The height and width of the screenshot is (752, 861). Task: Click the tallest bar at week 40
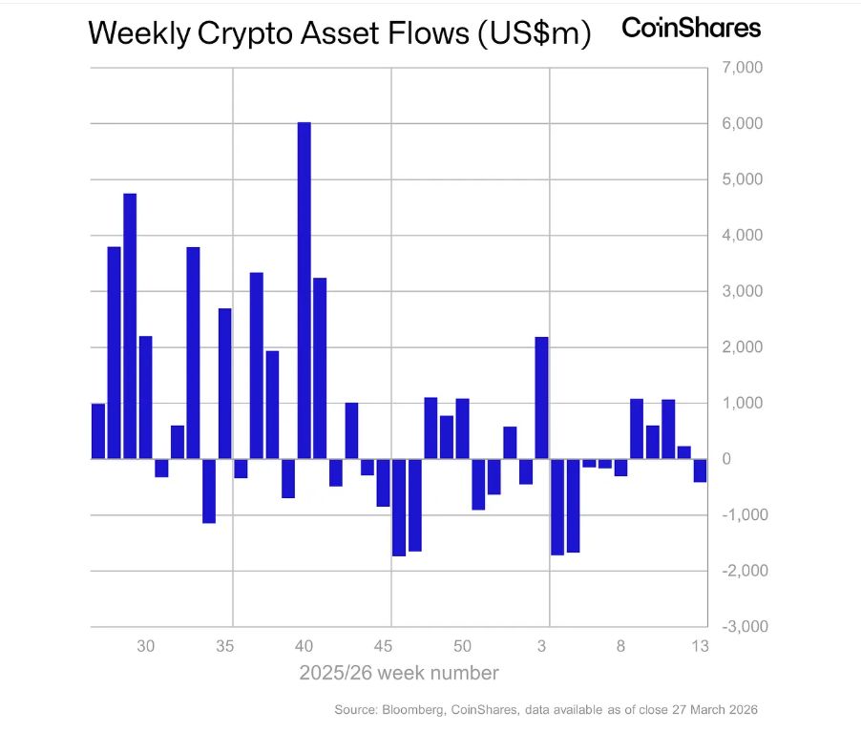pyautogui.click(x=304, y=290)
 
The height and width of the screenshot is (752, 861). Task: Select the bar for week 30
pyautogui.click(x=145, y=397)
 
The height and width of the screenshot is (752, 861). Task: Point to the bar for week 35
pyautogui.click(x=224, y=384)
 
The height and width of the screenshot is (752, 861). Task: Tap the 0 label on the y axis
pyautogui.click(x=726, y=459)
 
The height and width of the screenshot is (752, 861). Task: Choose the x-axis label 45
pyautogui.click(x=384, y=646)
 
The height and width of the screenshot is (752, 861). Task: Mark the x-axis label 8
pyautogui.click(x=620, y=646)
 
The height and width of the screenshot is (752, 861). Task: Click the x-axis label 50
pyautogui.click(x=462, y=646)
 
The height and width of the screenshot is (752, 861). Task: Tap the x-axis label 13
pyautogui.click(x=700, y=646)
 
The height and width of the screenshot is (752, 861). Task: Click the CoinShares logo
pyautogui.click(x=691, y=29)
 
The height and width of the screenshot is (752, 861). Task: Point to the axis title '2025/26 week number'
pyautogui.click(x=398, y=673)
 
